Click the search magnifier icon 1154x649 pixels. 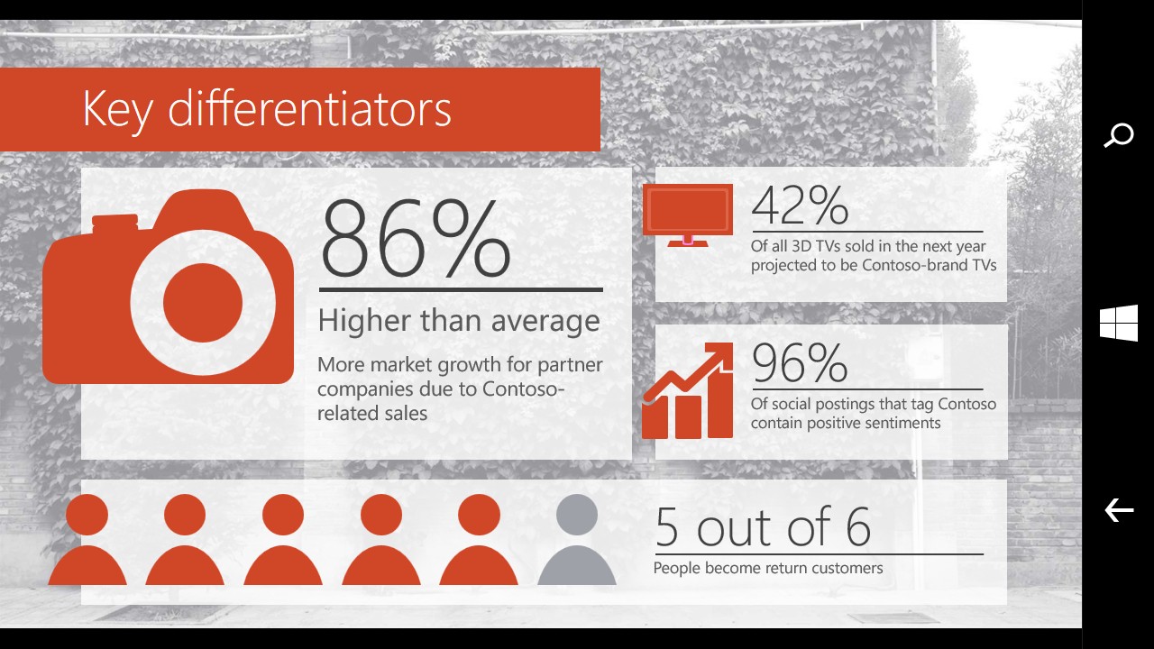tap(1119, 135)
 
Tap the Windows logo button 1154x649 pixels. tap(1119, 323)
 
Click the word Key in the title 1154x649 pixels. tap(118, 109)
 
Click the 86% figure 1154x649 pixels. tap(416, 239)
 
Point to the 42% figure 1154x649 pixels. tap(800, 206)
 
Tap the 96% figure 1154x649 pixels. tap(800, 362)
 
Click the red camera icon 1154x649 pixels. tap(168, 287)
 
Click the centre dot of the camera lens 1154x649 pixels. tap(203, 303)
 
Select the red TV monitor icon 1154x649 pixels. tap(688, 215)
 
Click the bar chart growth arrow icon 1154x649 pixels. tap(688, 390)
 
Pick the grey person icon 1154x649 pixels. tap(577, 539)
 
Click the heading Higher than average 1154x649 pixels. tap(459, 321)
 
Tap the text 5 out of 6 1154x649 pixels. tap(763, 526)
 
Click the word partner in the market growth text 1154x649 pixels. tap(570, 366)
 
